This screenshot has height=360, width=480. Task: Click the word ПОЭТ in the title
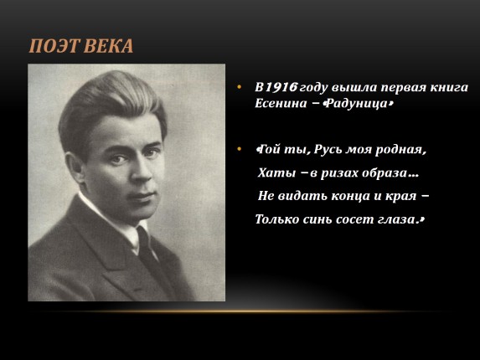click(x=54, y=45)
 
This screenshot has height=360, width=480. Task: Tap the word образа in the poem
click(x=389, y=173)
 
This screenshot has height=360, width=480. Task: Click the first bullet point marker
click(x=240, y=87)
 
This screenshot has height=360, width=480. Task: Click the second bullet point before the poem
click(x=240, y=150)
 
